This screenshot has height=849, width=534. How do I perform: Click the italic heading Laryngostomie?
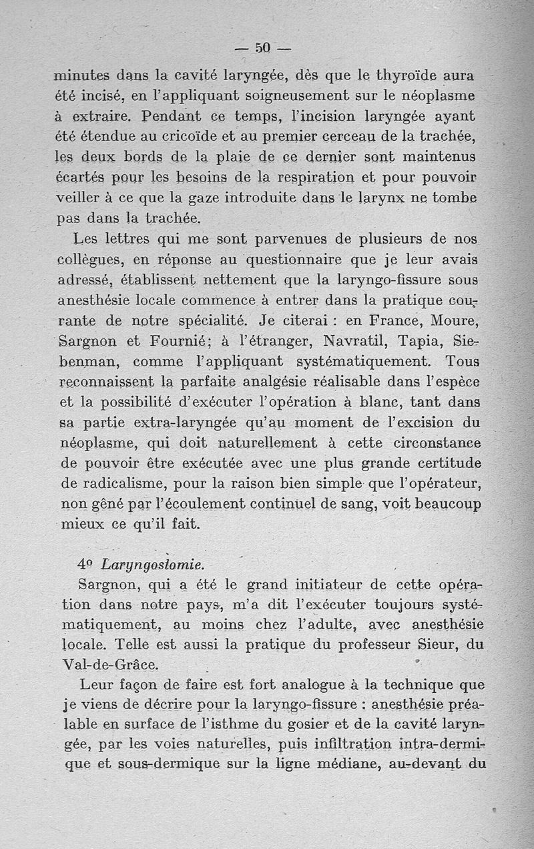click(x=148, y=565)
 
